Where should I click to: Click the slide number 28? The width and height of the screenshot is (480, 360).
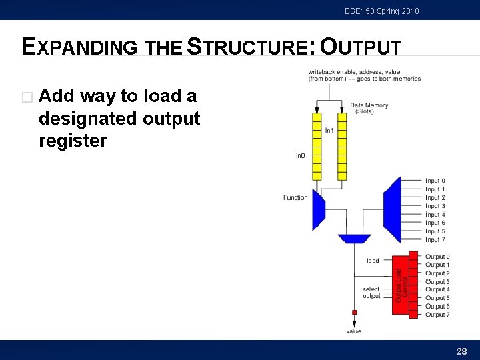[x=461, y=351]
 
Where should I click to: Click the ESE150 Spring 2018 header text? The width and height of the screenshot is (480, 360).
[x=382, y=11]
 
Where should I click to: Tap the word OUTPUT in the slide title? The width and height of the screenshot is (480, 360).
[x=361, y=47]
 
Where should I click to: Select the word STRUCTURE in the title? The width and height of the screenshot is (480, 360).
[x=250, y=47]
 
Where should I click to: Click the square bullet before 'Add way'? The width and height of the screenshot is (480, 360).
[x=27, y=97]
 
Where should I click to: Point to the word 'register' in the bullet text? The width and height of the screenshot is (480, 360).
[x=73, y=141]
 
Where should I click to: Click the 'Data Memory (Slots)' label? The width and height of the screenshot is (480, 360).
[x=369, y=108]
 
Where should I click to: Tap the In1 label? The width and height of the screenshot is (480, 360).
[x=329, y=131]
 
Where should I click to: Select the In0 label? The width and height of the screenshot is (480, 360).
[x=301, y=155]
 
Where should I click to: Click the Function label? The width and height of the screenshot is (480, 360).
[x=295, y=197]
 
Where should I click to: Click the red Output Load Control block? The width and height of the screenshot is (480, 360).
[x=403, y=285]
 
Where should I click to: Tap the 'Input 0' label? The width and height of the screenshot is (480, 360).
[x=435, y=181]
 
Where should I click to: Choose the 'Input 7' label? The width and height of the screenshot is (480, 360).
[x=435, y=239]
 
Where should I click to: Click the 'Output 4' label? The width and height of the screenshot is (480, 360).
[x=438, y=290]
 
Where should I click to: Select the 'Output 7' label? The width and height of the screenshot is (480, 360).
[x=438, y=315]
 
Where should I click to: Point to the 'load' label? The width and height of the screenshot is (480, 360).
[x=373, y=261]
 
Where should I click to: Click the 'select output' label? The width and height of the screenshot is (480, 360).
[x=371, y=293]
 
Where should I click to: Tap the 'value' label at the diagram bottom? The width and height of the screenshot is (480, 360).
[x=354, y=331]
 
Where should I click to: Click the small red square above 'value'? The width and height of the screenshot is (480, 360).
[x=354, y=312]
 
